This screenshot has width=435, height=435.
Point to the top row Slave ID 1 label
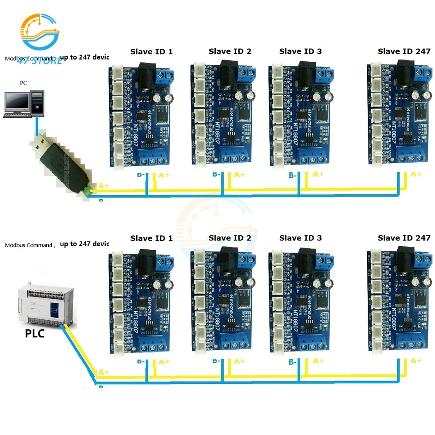[151, 51]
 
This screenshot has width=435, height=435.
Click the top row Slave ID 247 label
[404, 51]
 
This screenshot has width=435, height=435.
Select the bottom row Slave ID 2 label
[230, 238]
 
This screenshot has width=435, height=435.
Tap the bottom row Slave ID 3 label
[301, 238]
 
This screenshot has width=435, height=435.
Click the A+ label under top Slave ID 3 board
[318, 174]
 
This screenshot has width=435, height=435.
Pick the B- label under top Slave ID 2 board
[217, 175]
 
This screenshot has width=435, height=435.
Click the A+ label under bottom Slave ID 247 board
[416, 361]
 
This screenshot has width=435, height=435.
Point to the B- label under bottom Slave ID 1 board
[142, 361]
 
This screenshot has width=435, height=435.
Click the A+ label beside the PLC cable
[104, 372]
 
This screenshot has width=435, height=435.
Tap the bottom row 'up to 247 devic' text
[84, 244]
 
